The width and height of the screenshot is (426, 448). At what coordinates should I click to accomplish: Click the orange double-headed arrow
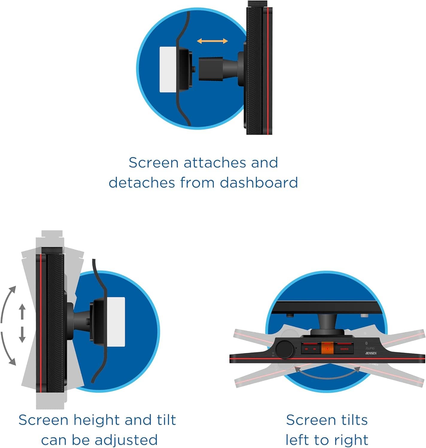212,41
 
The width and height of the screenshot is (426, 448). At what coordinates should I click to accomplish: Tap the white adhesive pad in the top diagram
168,69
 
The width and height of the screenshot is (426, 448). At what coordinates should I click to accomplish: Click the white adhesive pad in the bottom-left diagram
116,322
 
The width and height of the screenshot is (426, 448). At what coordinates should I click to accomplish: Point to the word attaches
215,163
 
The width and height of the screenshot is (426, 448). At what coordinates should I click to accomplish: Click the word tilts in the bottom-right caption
349,420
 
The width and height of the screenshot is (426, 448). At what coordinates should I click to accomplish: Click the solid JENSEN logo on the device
371,353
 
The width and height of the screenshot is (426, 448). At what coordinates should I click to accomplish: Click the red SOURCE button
344,349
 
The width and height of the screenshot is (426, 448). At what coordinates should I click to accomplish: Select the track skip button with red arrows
310,349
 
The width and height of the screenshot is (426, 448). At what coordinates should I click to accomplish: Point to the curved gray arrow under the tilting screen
327,374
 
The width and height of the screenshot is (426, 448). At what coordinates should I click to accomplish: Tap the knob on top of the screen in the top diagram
258,4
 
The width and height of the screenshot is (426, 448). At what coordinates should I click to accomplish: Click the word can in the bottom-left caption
54,440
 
